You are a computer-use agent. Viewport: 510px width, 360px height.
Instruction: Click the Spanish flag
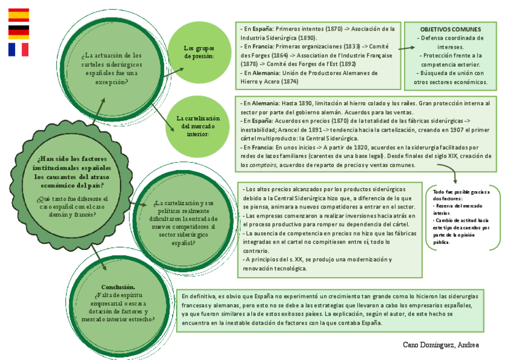pyautogui.click(x=18, y=15)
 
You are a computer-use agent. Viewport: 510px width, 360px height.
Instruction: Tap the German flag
pyautogui.click(x=18, y=32)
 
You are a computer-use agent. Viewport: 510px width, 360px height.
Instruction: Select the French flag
pyautogui.click(x=18, y=49)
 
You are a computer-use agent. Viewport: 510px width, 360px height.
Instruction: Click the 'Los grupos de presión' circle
pyautogui.click(x=198, y=52)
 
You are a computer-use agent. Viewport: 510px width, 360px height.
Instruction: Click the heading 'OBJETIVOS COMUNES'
pyautogui.click(x=450, y=29)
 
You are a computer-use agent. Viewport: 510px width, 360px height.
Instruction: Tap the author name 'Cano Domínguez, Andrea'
pyautogui.click(x=441, y=344)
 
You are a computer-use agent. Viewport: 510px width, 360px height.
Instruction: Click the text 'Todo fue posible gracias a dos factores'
pyautogui.click(x=461, y=195)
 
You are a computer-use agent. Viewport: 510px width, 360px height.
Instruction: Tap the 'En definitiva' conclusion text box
pyautogui.click(x=330, y=310)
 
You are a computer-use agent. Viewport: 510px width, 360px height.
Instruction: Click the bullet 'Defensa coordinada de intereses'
pyautogui.click(x=450, y=42)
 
